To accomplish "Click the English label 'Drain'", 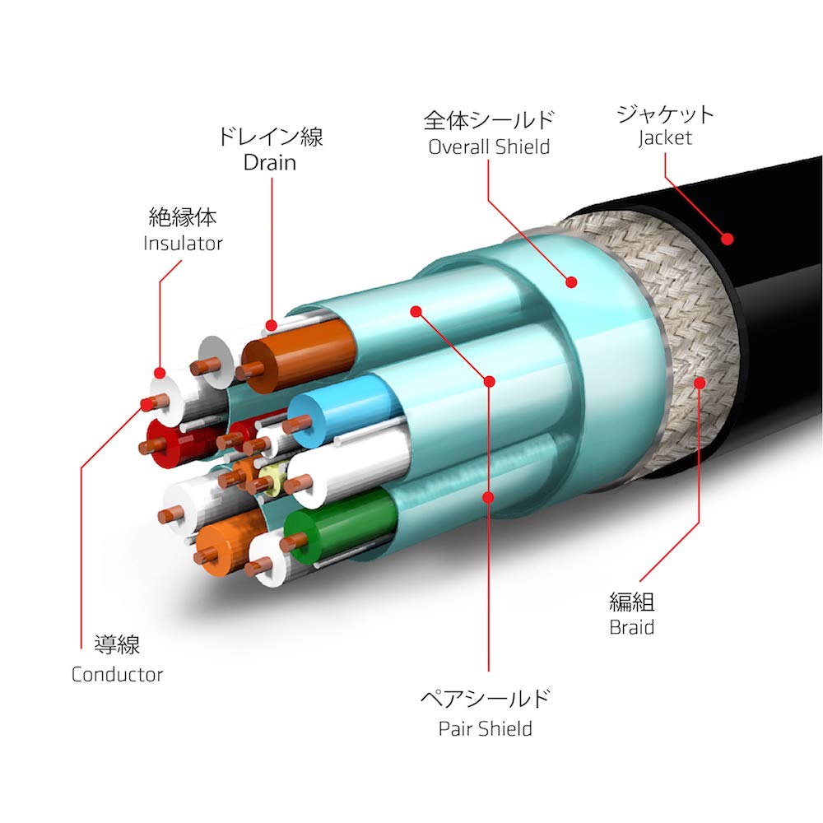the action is (270, 163).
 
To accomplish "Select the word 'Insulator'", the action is (183, 243).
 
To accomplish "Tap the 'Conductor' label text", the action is (117, 675).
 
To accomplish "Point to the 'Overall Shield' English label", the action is (489, 147).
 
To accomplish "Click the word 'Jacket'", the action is (665, 138).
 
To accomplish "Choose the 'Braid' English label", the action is (631, 627).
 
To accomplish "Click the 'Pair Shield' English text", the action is (486, 728).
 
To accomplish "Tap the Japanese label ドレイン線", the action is (270, 137).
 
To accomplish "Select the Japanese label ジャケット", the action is (666, 113).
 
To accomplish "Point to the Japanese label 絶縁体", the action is (183, 216).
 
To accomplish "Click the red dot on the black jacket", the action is (727, 239).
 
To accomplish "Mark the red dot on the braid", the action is (699, 383).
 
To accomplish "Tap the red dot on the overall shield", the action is (571, 281).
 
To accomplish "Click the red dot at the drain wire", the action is (271, 325).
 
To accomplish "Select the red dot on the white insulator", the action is (160, 373).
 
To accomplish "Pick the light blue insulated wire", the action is (344, 409).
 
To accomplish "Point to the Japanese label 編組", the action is (631, 602).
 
